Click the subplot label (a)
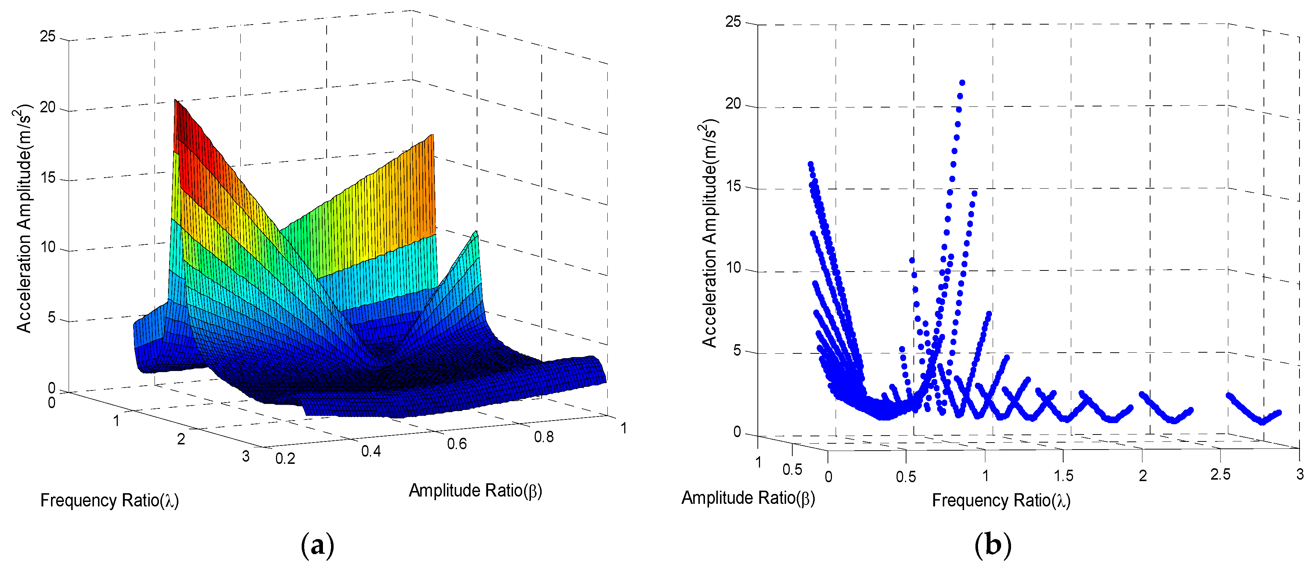[317, 545]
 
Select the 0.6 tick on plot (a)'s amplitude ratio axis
[457, 443]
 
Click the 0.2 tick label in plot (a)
[285, 458]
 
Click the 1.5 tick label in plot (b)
[1063, 476]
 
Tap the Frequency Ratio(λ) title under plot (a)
[109, 500]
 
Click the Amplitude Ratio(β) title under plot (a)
[475, 490]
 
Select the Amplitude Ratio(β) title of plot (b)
[748, 498]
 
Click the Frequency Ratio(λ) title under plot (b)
[1001, 500]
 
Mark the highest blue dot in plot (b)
[962, 83]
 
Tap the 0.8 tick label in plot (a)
[544, 437]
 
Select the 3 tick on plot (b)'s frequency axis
[1299, 474]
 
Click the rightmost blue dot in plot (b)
[1279, 412]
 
